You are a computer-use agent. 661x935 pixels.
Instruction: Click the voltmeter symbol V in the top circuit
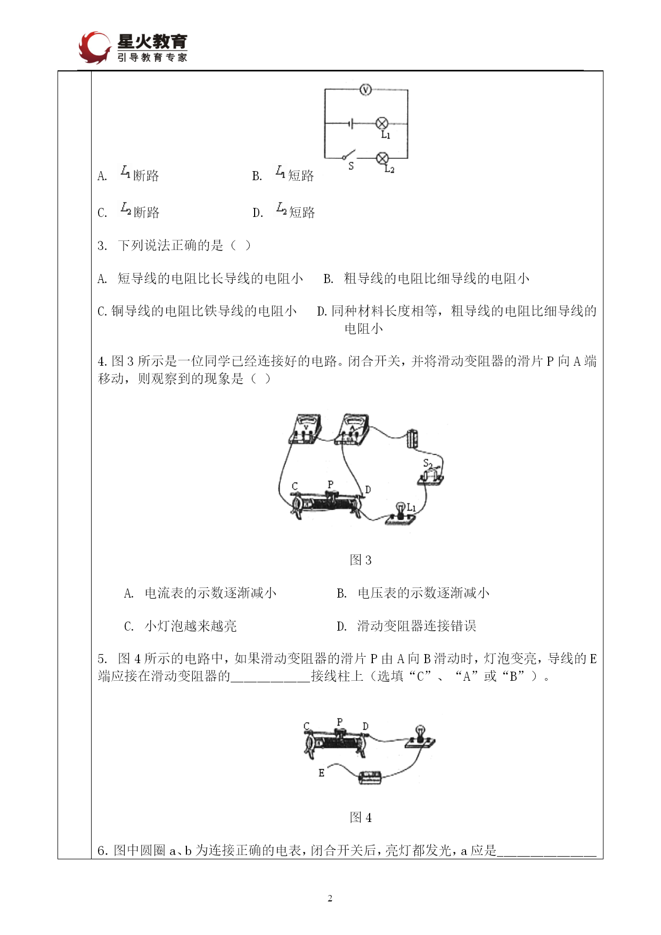[x=365, y=90]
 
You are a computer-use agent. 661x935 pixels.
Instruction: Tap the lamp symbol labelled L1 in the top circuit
[x=382, y=124]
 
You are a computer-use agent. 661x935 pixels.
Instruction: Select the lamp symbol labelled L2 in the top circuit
[x=382, y=158]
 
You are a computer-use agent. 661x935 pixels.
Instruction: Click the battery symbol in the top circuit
[x=350, y=124]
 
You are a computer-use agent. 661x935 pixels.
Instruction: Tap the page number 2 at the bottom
[x=330, y=898]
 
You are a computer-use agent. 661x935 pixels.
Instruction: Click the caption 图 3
[x=361, y=560]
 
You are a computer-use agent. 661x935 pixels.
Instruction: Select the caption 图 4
[x=361, y=817]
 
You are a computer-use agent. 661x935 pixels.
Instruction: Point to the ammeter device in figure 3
[x=353, y=429]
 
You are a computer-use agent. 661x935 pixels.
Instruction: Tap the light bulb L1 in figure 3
[x=400, y=512]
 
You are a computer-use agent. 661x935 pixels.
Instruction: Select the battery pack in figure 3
[x=412, y=439]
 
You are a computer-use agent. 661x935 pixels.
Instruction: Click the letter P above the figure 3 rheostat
[x=330, y=485]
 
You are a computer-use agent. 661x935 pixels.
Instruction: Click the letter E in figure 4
[x=321, y=773]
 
